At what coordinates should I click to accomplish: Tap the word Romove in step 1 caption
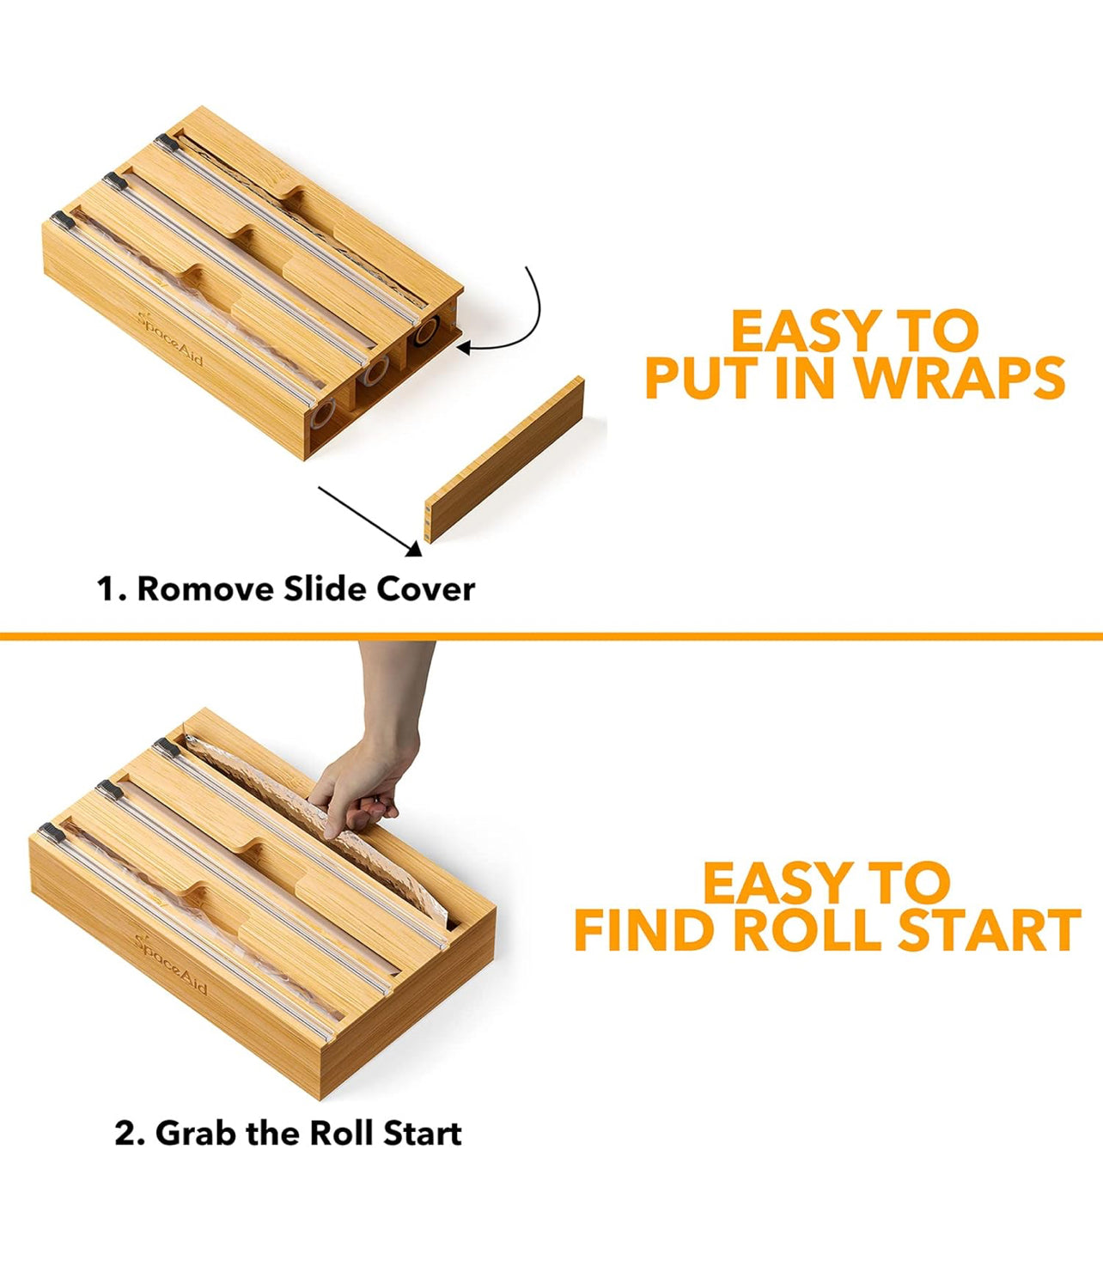(x=205, y=589)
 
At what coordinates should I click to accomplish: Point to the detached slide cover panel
(x=505, y=461)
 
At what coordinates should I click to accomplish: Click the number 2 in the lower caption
(x=125, y=1134)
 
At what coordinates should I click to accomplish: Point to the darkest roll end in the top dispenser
(x=424, y=333)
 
